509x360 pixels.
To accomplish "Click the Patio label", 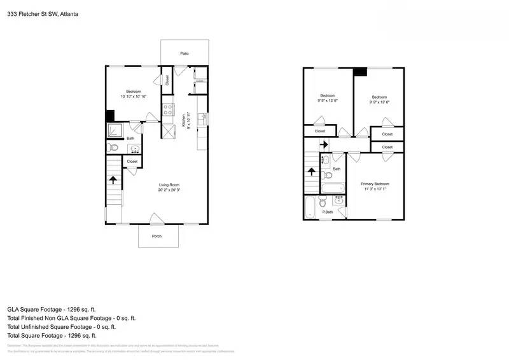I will pos(184,54).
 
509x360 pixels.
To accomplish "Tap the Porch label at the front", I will pos(157,236).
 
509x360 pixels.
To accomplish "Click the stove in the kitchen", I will pos(169,109).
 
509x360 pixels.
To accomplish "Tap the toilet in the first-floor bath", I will pos(113,148).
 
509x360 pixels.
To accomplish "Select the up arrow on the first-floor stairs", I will pos(113,179).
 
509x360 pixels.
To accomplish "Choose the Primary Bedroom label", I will pos(376,184).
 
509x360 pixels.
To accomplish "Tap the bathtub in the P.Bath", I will pos(310,207).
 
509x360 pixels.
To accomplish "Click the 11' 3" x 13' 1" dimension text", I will pos(376,189).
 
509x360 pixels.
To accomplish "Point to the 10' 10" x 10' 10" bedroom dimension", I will pos(133,96).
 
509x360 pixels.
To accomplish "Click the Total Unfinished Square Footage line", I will pos(61,326).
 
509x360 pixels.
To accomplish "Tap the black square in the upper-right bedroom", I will pos(361,72).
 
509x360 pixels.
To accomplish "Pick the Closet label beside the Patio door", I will pos(167,80).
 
